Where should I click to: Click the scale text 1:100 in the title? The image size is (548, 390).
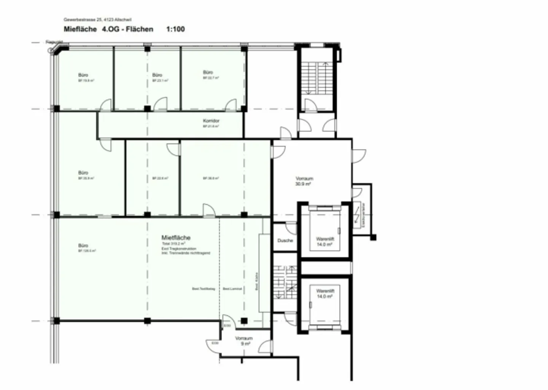click(x=175, y=29)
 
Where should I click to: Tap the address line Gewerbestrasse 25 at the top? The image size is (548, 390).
click(x=97, y=19)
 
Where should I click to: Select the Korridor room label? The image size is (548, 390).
click(x=211, y=121)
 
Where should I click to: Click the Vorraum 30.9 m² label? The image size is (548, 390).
click(x=304, y=181)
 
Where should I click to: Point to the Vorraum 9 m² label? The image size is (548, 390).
click(x=244, y=341)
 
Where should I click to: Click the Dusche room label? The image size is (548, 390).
click(x=285, y=240)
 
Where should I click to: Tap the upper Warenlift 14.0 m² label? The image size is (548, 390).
click(x=325, y=241)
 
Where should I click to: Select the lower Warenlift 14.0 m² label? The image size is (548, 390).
click(x=325, y=293)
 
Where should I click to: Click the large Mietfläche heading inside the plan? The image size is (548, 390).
click(x=176, y=237)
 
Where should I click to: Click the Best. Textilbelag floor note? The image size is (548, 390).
click(x=204, y=289)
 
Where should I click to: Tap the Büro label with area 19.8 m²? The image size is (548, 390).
click(x=83, y=75)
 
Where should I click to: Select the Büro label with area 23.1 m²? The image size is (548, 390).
click(x=157, y=75)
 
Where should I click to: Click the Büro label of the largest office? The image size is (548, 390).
click(x=83, y=245)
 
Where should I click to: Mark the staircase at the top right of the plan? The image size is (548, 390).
click(x=316, y=78)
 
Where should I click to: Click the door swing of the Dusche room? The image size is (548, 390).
click(x=292, y=228)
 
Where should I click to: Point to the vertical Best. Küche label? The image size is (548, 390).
click(x=257, y=282)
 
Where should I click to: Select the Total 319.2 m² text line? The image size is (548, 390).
click(x=174, y=243)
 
